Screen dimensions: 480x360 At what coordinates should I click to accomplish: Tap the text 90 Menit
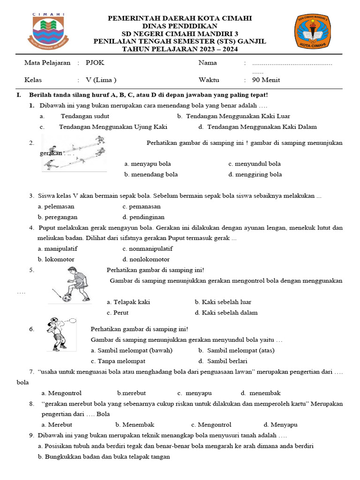266,80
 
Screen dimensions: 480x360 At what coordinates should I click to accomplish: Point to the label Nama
208,63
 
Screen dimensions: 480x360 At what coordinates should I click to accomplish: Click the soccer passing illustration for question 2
75,152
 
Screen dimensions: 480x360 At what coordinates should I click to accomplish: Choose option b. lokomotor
56,259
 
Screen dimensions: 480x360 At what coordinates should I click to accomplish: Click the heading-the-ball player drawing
59,334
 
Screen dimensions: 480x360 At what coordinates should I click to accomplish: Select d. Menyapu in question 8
280,425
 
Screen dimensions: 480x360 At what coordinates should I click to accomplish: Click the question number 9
32,435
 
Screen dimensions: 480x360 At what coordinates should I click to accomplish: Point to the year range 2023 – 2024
216,49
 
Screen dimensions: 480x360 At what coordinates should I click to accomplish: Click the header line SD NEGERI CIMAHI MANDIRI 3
180,34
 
